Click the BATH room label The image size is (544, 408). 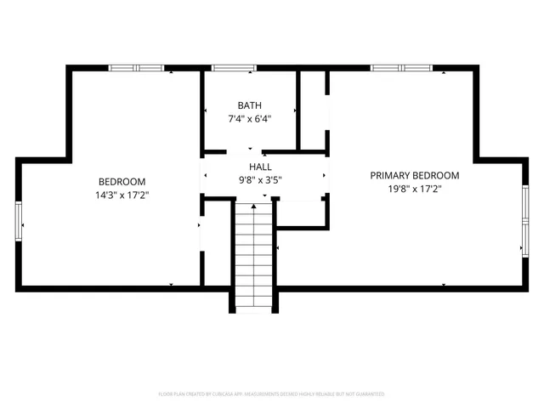tap(249, 105)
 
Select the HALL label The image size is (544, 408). tap(260, 167)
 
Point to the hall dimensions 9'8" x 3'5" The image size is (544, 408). tap(260, 180)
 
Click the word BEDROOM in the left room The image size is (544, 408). tap(122, 181)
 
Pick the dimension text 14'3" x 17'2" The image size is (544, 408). tap(122, 195)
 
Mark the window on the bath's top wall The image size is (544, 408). tap(234, 68)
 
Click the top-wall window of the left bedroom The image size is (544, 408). tap(136, 68)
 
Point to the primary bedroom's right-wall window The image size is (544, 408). tap(524, 221)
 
